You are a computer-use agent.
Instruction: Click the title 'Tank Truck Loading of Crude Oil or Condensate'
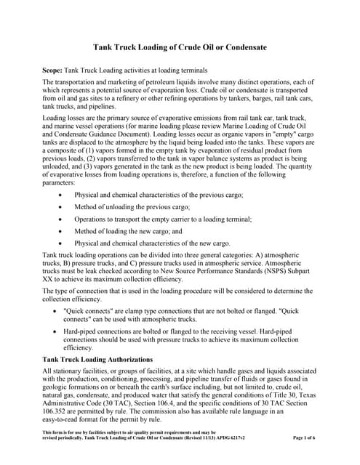point(179,47)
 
